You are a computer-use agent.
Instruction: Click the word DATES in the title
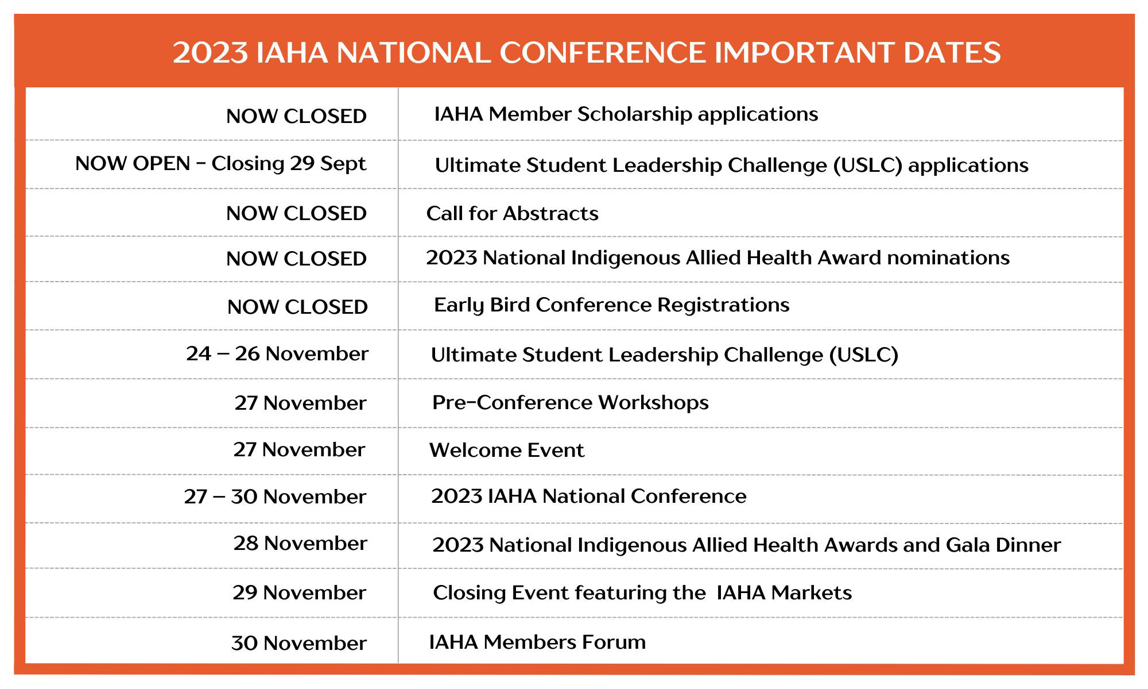click(952, 52)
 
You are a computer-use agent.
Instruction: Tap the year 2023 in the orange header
click(210, 52)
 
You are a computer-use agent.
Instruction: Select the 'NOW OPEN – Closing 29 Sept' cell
click(220, 164)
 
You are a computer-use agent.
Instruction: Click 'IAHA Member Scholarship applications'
click(626, 114)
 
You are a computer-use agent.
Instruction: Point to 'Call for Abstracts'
click(512, 213)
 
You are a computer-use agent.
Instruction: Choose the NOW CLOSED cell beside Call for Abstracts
click(296, 213)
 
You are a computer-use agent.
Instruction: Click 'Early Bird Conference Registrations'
click(612, 305)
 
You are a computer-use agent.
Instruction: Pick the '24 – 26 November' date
click(277, 353)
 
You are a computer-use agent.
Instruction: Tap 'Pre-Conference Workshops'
click(571, 402)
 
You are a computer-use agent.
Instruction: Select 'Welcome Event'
click(507, 450)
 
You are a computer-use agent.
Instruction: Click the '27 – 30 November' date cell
click(275, 496)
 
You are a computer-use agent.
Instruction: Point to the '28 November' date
click(300, 543)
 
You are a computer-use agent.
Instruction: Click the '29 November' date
click(299, 592)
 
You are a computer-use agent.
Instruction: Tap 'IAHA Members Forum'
click(537, 642)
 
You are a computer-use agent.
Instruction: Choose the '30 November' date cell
click(298, 643)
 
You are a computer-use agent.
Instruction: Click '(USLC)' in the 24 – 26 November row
click(864, 355)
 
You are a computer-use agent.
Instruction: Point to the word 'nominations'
click(948, 258)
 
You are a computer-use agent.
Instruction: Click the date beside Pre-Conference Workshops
click(300, 403)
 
